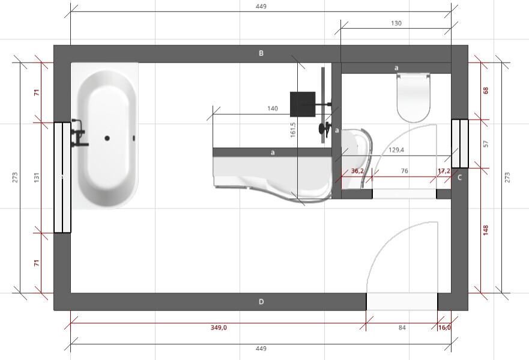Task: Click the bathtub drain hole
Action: click(107, 138)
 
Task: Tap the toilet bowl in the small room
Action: click(413, 99)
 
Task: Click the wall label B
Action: click(261, 53)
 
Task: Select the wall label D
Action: click(261, 302)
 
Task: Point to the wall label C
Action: click(459, 178)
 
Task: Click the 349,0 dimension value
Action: click(219, 328)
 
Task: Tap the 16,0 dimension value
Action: click(444, 328)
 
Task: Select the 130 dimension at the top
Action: click(396, 23)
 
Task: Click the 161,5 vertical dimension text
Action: click(293, 130)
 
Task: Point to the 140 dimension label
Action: click(273, 108)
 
